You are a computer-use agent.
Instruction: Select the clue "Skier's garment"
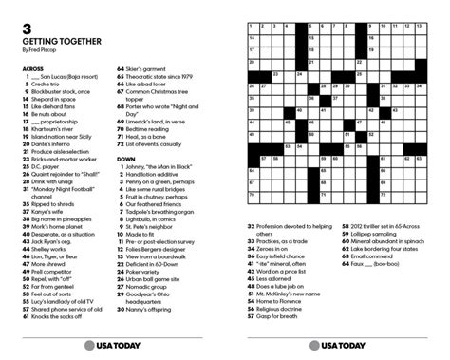click(x=152, y=68)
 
